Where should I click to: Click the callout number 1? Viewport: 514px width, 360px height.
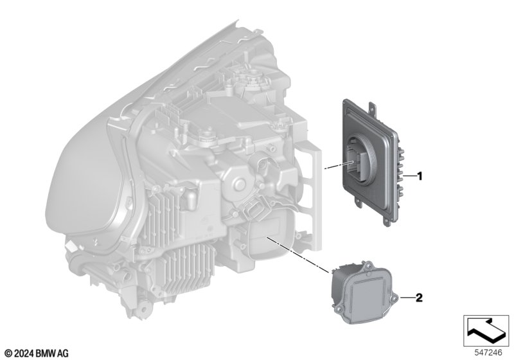[419, 177]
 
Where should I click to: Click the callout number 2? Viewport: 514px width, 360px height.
[419, 298]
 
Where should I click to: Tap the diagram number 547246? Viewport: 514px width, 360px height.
[488, 353]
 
